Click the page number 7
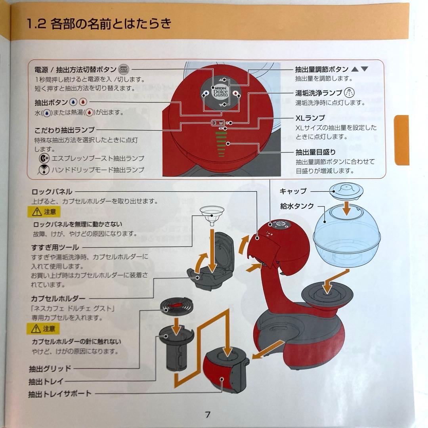207,415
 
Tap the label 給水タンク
297,206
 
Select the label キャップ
293,191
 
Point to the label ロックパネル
52,192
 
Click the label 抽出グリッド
50,368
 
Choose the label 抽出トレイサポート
60,394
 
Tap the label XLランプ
310,118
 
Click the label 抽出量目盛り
315,152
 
